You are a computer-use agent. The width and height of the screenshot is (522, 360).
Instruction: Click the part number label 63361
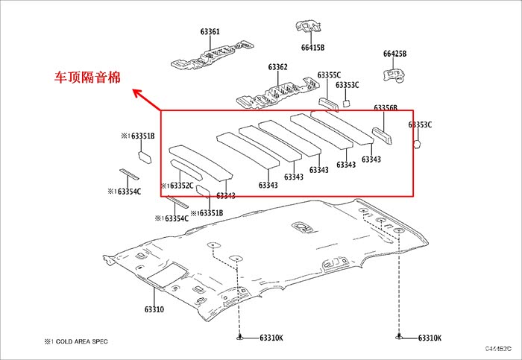pos(210,32)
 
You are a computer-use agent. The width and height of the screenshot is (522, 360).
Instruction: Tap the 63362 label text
pos(277,67)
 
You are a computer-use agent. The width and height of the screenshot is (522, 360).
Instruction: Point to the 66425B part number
pos(394,54)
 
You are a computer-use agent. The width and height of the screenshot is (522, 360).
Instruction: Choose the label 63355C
pos(329,75)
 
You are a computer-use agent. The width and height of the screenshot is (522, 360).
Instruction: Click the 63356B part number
pos(386,108)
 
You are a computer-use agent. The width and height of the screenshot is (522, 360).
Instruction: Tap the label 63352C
pos(177,186)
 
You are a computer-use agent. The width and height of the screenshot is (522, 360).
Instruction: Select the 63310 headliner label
pos(154,309)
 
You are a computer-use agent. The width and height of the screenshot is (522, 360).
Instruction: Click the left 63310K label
pos(271,338)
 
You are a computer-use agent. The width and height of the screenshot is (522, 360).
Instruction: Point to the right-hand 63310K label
pos(430,338)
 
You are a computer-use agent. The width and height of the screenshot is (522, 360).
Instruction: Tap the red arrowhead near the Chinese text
pos(135,92)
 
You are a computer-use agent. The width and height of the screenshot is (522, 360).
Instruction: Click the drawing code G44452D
pos(498,348)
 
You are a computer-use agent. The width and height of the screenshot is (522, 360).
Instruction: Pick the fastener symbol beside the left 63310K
pos(241,338)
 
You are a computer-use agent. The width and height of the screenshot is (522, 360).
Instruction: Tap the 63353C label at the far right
pos(420,124)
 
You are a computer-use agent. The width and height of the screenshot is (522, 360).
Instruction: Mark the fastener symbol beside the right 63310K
pos(400,338)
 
